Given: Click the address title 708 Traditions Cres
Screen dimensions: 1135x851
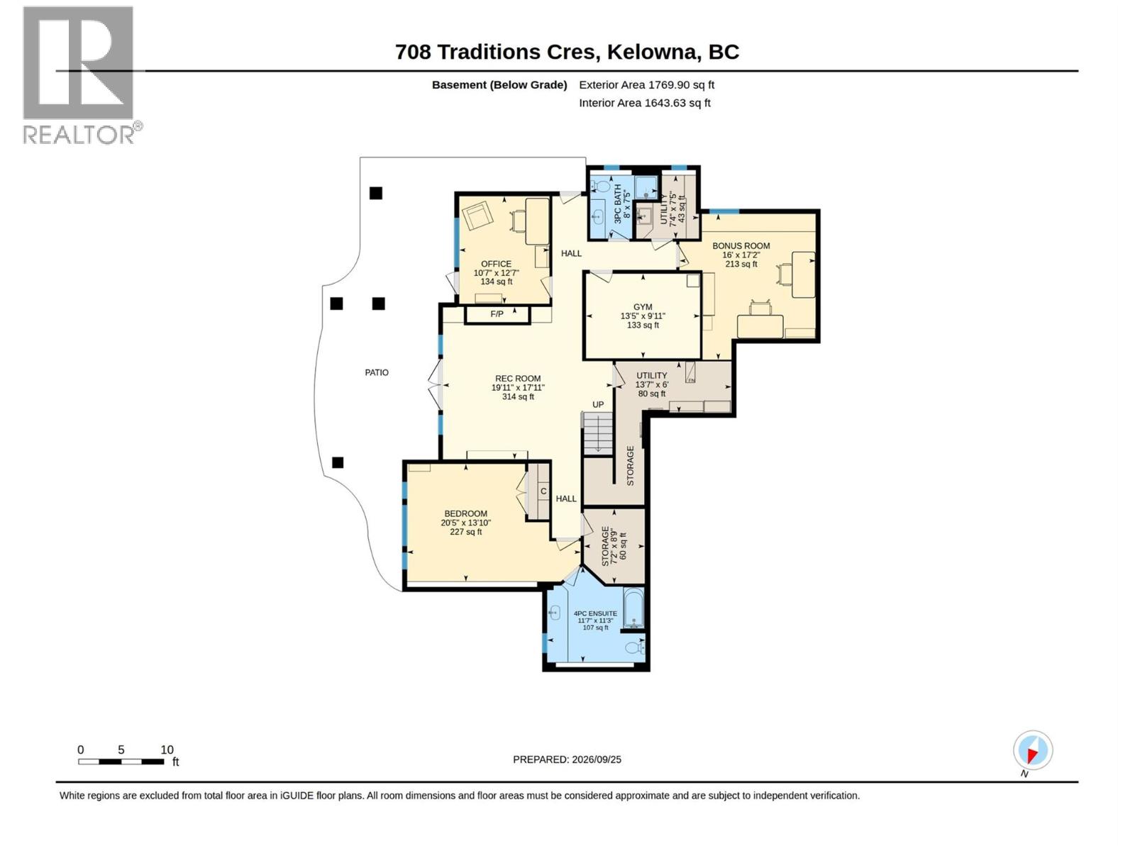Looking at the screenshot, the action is [x=497, y=52].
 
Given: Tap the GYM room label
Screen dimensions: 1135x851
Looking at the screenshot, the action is [x=643, y=307].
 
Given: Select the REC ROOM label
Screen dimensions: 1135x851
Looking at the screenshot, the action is [x=518, y=379].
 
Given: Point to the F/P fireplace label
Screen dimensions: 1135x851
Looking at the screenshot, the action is [x=497, y=314].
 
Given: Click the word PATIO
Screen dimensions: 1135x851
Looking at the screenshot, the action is [x=377, y=372].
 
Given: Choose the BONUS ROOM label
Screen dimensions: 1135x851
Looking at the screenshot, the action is [x=741, y=247].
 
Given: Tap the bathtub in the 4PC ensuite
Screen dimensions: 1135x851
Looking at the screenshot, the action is [x=633, y=608].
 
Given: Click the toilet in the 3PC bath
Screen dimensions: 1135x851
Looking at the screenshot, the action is [x=602, y=186].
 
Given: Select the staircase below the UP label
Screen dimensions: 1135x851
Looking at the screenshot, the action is [x=598, y=433].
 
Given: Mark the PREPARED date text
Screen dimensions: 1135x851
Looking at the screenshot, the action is [x=567, y=760].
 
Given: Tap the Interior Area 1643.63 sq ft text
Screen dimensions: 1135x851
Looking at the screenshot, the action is [x=644, y=103].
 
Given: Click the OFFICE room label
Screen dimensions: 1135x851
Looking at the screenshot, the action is [x=496, y=264].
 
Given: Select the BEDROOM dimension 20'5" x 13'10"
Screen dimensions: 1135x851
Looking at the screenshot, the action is [x=465, y=523].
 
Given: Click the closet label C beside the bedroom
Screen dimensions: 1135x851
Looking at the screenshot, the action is [x=543, y=491].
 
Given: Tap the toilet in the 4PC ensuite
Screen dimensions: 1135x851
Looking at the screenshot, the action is [x=635, y=647].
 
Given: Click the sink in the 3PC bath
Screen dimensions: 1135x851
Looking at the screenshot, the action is [x=598, y=216].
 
